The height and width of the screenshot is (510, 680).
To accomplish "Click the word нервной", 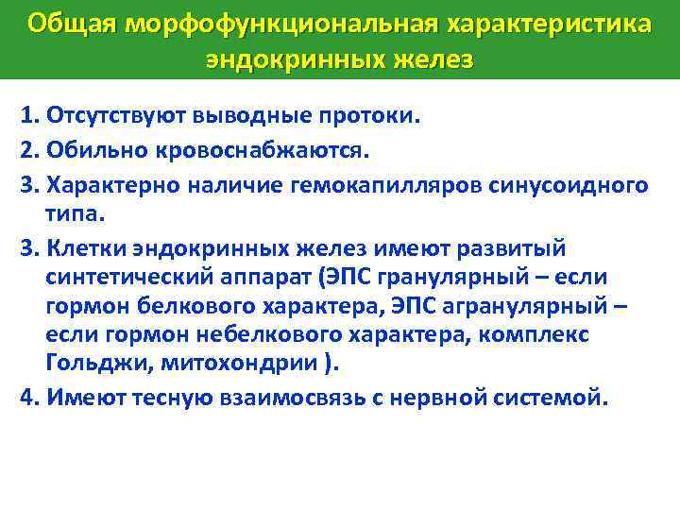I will (450, 397).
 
